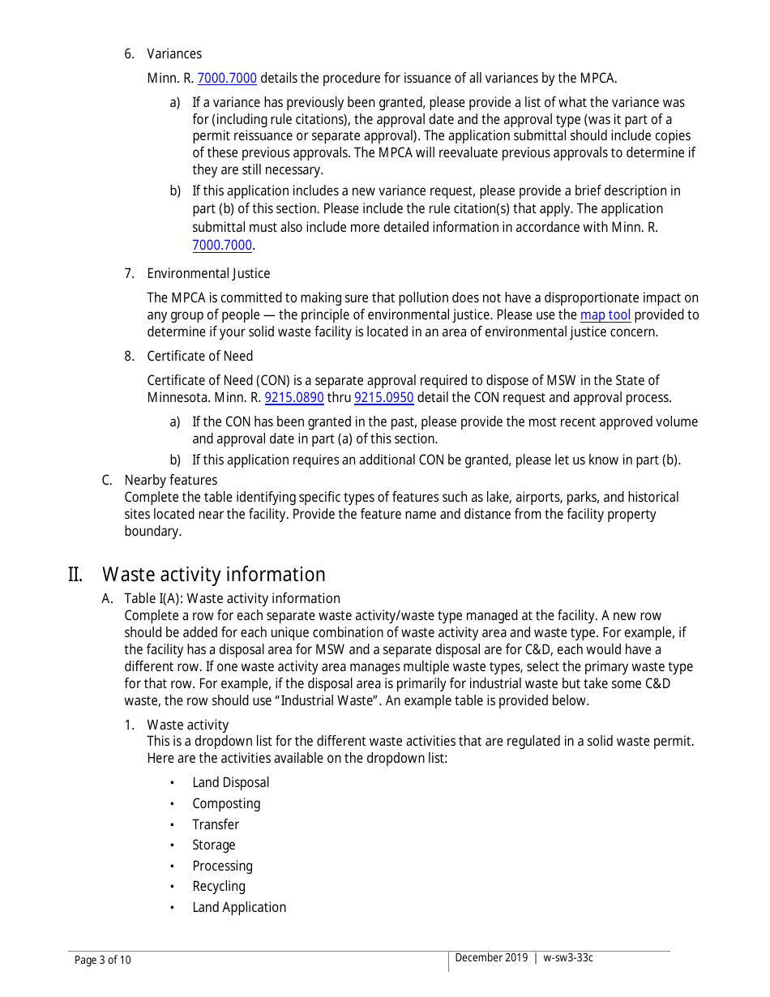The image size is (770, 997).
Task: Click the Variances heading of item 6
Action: click(174, 53)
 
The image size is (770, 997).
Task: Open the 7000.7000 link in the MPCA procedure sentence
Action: click(227, 79)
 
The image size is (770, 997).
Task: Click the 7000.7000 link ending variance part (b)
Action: click(222, 245)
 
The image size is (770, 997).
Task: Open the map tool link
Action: click(605, 315)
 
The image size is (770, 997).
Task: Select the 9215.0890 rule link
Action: click(294, 398)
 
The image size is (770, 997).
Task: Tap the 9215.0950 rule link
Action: click(384, 398)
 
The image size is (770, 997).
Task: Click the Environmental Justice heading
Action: click(208, 274)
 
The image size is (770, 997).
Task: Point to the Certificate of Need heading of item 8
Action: click(199, 357)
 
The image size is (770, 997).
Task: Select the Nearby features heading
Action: click(170, 480)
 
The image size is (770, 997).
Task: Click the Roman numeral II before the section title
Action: click(75, 575)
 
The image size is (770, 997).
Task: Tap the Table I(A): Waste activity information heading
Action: click(232, 599)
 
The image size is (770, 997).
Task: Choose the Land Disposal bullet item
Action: click(230, 783)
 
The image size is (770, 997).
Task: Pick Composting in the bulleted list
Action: click(226, 804)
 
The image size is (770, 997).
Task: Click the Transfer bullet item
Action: click(216, 825)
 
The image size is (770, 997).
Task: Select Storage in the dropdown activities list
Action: click(213, 845)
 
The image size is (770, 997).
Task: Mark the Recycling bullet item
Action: click(218, 887)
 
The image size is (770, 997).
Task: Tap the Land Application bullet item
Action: click(239, 908)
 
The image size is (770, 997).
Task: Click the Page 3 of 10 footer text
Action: click(102, 961)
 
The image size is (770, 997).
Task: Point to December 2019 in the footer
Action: click(490, 958)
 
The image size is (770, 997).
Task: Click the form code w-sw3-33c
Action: click(568, 958)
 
